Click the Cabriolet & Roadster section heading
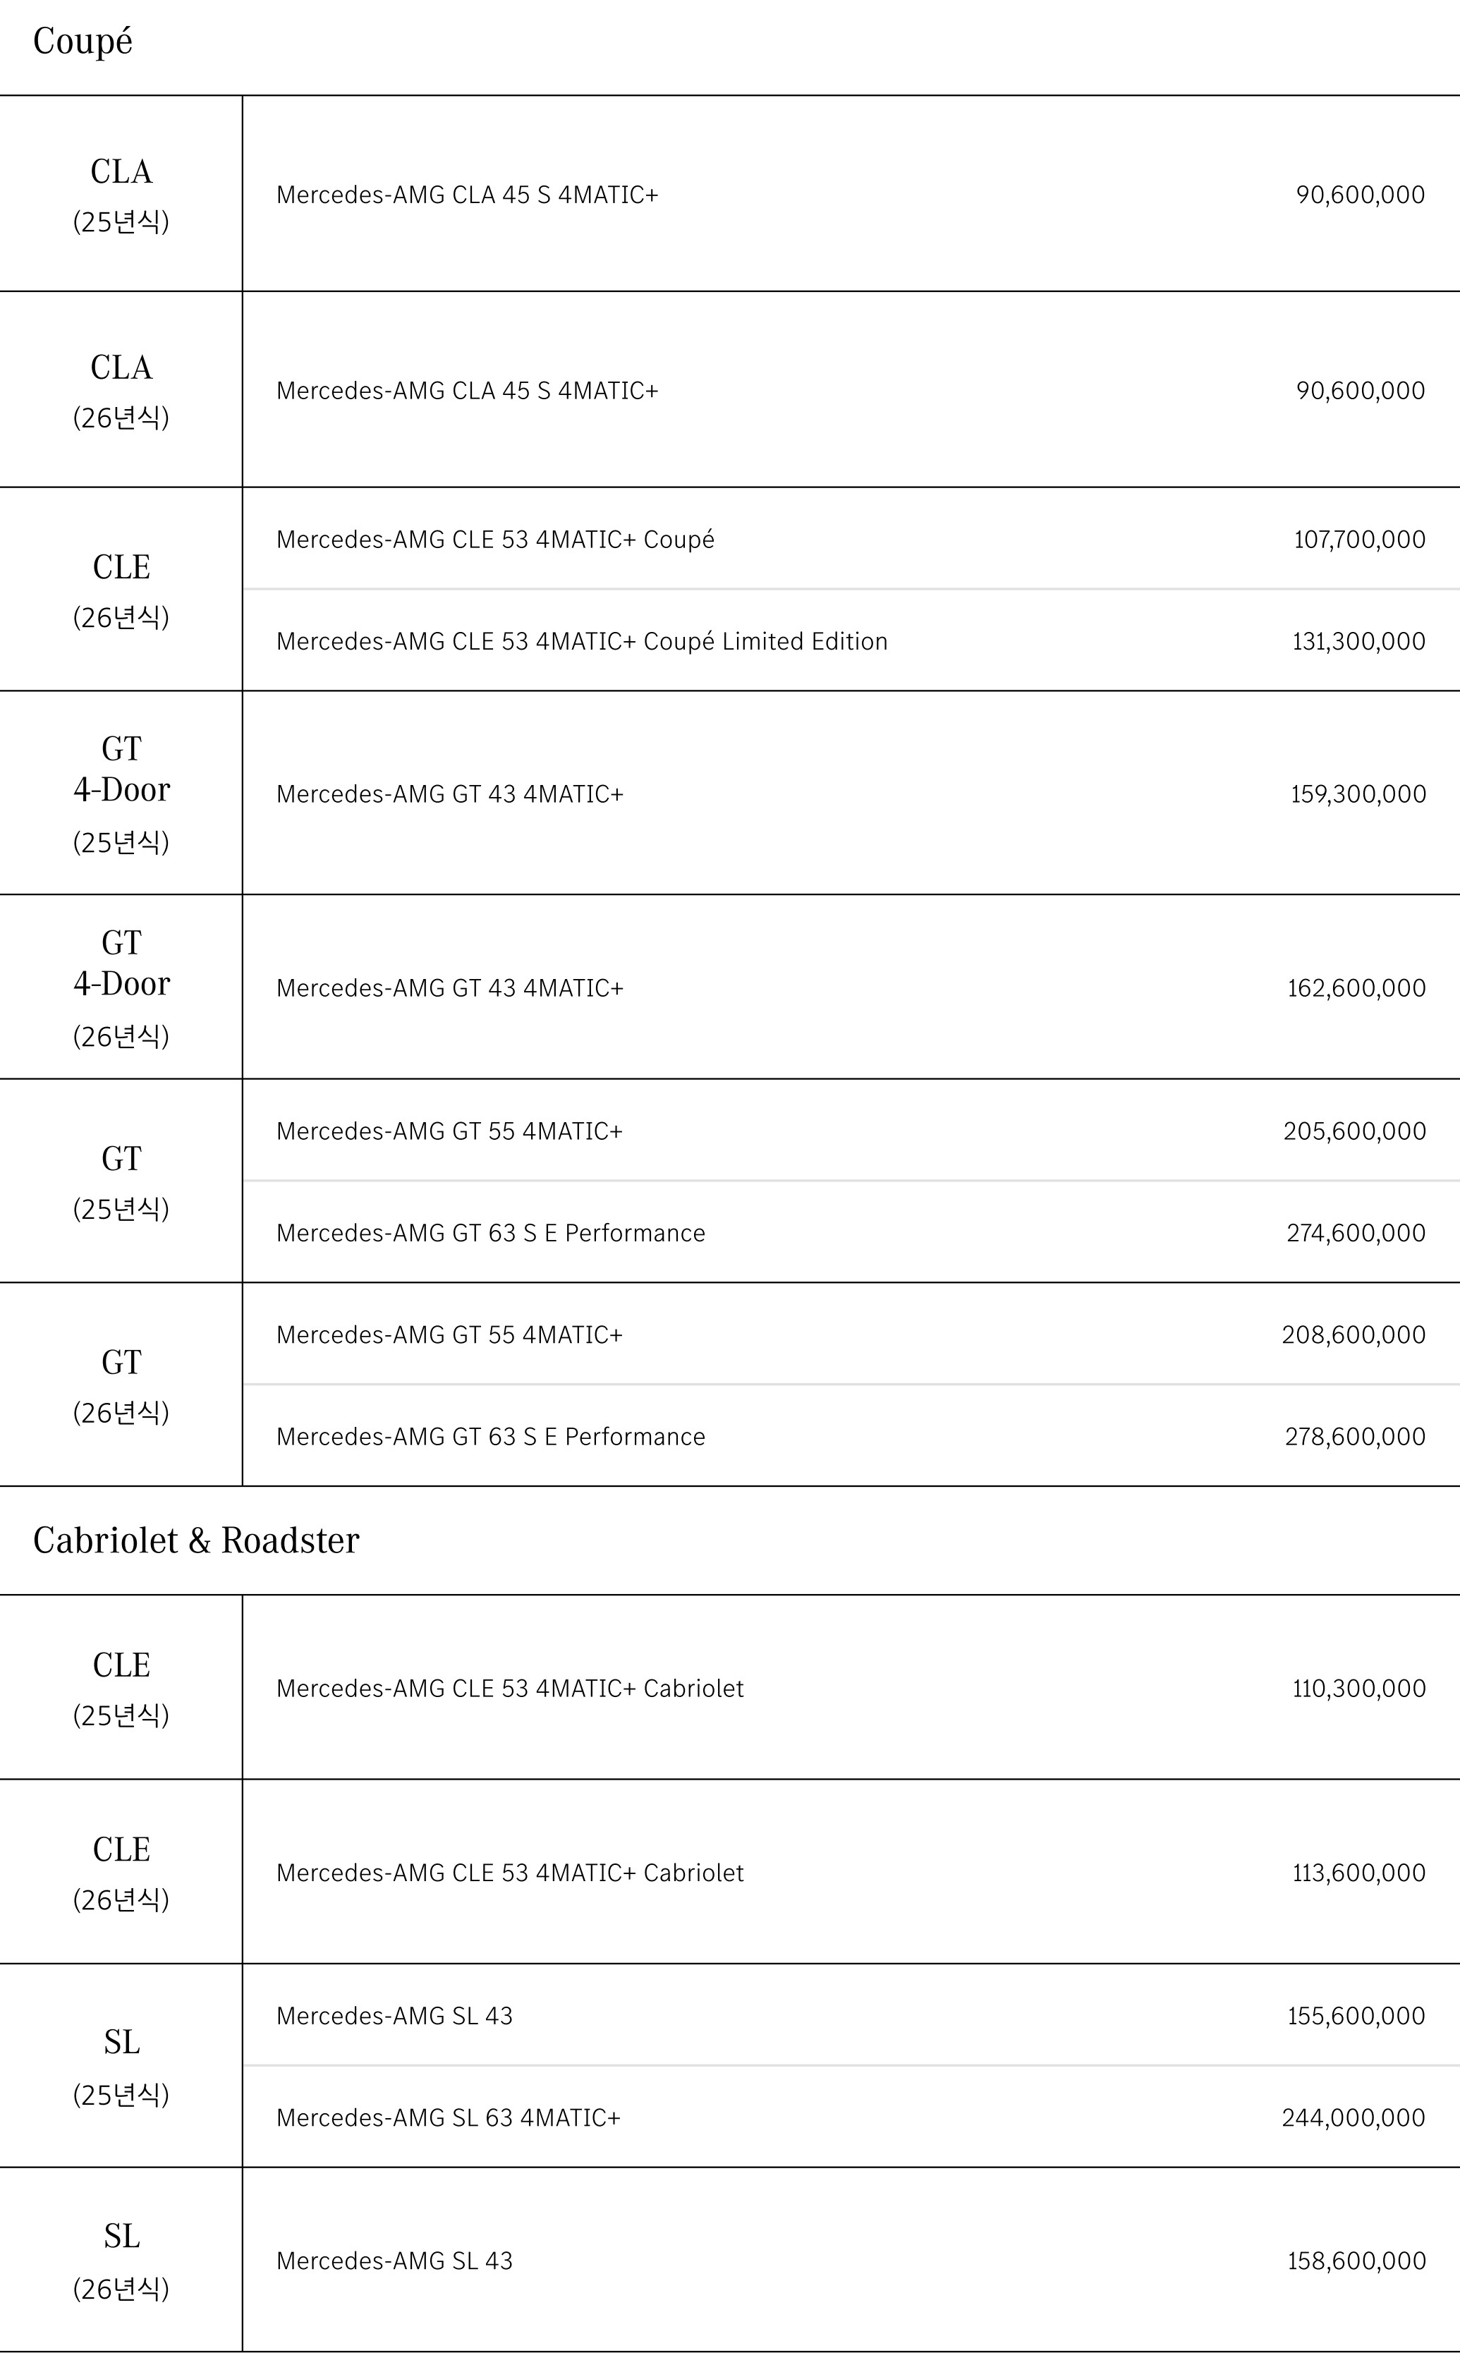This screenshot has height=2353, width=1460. [196, 1540]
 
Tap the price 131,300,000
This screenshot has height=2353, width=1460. [1358, 642]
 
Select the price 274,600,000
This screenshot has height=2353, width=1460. [1355, 1234]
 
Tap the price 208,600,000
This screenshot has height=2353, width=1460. [1353, 1335]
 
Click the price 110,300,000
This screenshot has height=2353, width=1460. [1358, 1689]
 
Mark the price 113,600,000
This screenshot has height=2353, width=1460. [1358, 1873]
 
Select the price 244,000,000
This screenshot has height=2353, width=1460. [1353, 2118]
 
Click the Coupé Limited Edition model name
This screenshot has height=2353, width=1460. [581, 642]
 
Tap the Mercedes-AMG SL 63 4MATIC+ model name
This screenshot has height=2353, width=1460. [448, 2118]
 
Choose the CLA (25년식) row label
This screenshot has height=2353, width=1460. [121, 194]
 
